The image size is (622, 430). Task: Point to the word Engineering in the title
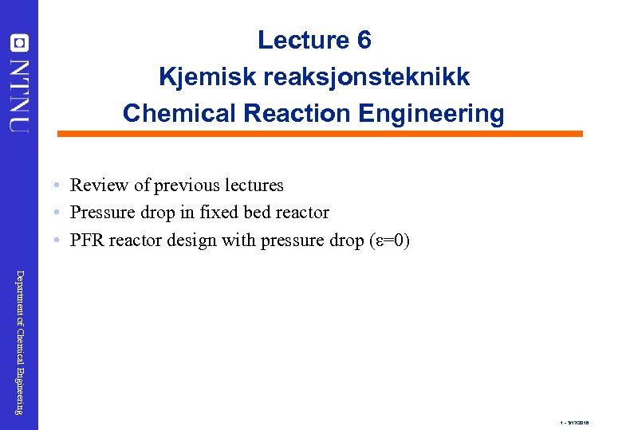point(431,114)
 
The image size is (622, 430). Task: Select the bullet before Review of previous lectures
point(58,186)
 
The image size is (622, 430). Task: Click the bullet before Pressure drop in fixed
point(58,213)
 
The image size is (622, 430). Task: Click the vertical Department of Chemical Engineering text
point(20,342)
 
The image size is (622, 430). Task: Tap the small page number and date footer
point(574,423)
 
